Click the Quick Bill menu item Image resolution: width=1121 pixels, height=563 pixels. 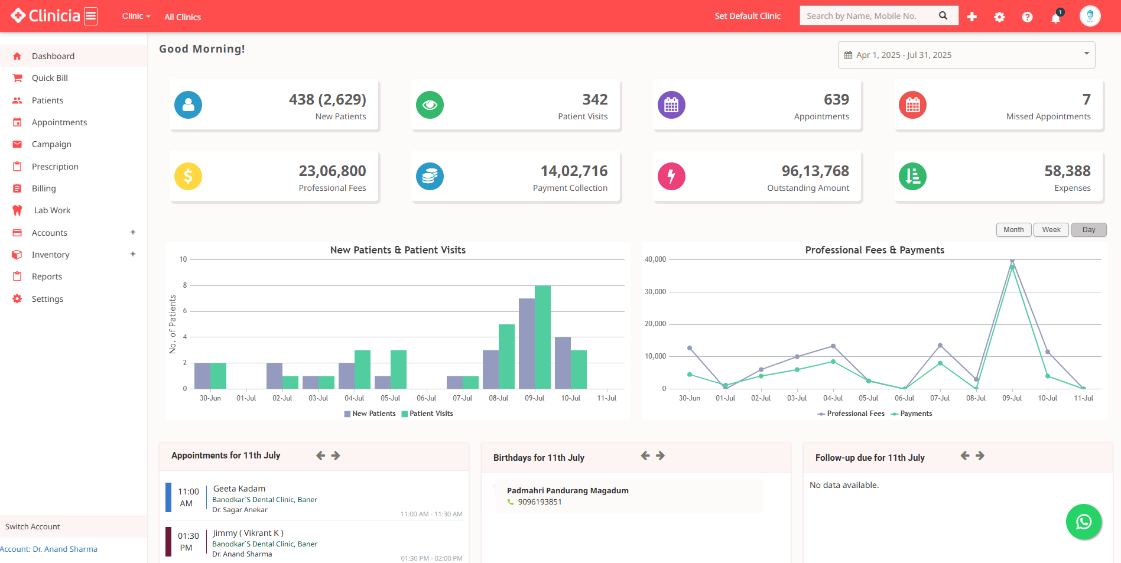coord(50,78)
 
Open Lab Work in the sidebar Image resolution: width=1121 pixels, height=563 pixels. coord(52,210)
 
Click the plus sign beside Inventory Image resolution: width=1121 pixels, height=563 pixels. coord(133,254)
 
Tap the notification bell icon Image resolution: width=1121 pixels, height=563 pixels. coord(1055,17)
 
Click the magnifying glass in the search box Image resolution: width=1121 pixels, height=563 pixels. coord(943,16)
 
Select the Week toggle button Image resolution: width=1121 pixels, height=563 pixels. coord(1051,230)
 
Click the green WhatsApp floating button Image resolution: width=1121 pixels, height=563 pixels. coord(1083,522)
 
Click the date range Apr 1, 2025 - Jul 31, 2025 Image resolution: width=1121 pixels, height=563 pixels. coord(904,55)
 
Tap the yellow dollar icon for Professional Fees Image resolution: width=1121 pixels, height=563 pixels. coord(188,176)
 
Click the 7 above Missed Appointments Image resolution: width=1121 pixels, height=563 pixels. coord(1086,99)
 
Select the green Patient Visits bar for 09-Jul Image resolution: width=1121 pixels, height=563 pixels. coord(542,337)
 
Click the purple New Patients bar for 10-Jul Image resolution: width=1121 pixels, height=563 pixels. coord(563,362)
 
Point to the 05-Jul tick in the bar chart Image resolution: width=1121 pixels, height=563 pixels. coord(390,398)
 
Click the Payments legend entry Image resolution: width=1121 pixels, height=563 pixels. coord(915,414)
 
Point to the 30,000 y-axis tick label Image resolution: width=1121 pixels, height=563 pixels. coord(655,292)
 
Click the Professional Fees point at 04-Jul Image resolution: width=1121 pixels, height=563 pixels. coord(833,346)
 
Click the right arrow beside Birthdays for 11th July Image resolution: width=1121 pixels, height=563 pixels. coord(661,455)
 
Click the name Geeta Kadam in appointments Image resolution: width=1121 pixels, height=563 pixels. coord(239,489)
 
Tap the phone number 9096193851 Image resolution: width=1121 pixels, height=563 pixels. coord(540,502)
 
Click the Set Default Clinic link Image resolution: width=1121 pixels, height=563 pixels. coord(748,16)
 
